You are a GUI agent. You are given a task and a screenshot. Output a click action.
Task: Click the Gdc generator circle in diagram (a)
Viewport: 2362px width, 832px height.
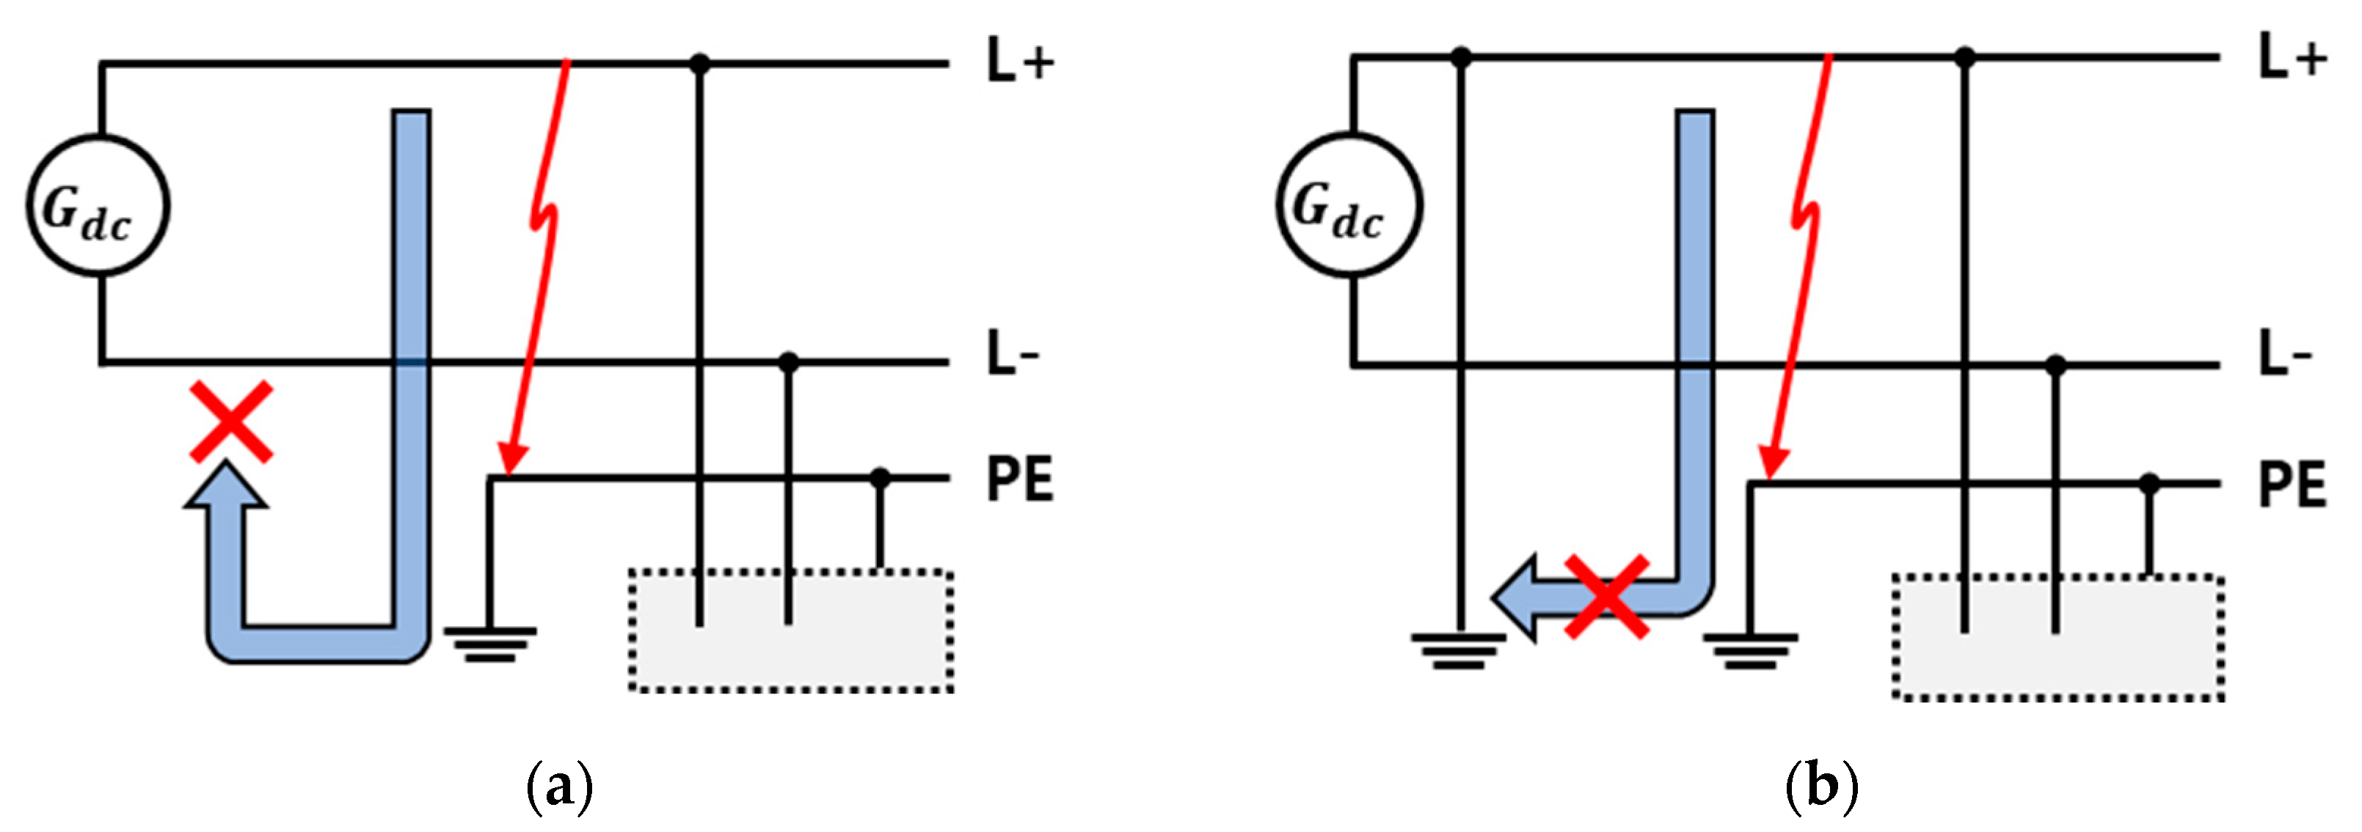(97, 205)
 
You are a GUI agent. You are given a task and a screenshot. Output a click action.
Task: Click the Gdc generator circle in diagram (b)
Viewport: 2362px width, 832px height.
(1349, 205)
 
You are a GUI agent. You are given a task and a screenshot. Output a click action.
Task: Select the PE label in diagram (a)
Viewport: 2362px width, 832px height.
(1020, 478)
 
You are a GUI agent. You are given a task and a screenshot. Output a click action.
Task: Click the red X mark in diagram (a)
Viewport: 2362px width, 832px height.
(231, 421)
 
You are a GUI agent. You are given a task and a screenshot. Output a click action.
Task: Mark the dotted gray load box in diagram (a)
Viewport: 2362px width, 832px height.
(790, 631)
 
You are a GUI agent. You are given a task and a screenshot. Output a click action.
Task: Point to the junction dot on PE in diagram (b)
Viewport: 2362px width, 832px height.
(2149, 484)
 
